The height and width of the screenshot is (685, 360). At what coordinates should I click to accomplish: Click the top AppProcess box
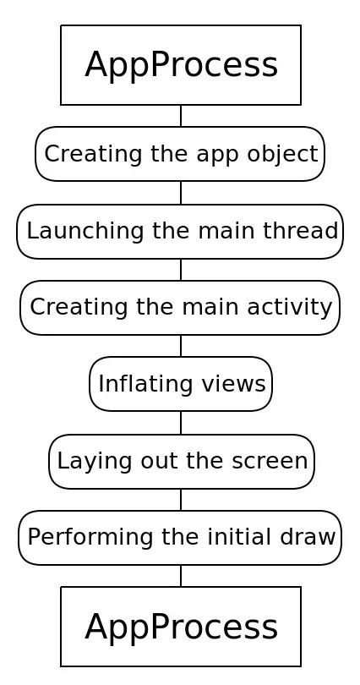click(x=181, y=65)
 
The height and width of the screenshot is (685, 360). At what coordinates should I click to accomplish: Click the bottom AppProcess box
click(x=181, y=627)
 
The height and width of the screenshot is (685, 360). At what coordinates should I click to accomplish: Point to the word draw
click(x=308, y=537)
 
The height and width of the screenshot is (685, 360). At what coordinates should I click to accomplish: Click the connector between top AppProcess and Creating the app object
click(x=181, y=116)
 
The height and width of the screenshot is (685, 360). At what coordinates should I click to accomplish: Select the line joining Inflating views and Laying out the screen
click(x=181, y=423)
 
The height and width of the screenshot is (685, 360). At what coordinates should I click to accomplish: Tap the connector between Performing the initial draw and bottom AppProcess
click(x=181, y=576)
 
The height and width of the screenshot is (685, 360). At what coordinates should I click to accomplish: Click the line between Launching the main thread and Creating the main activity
click(x=181, y=270)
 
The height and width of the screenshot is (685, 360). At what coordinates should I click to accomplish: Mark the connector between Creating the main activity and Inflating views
click(x=181, y=346)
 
